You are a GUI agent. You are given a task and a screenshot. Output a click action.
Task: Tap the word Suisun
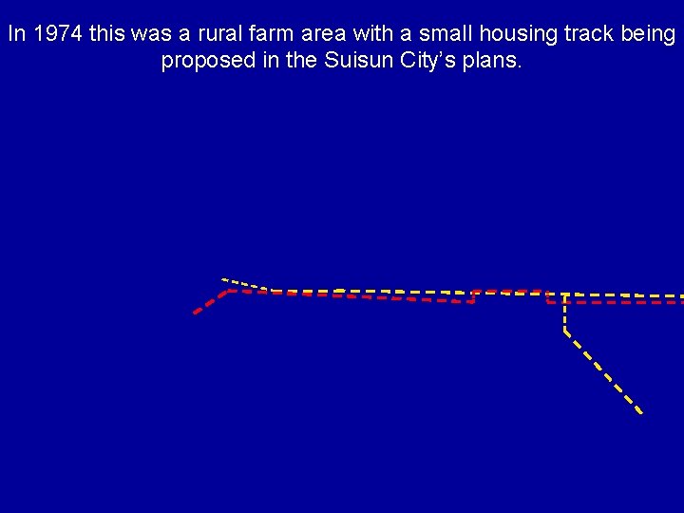tap(355, 61)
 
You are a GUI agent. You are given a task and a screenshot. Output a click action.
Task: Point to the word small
tap(446, 34)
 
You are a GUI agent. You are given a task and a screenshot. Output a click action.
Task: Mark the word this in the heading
tap(108, 34)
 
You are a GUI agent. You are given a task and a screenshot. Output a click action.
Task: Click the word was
tap(154, 34)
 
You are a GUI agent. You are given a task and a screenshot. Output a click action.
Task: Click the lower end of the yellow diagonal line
tap(641, 412)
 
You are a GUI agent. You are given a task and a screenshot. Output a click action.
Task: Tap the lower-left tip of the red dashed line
tap(195, 313)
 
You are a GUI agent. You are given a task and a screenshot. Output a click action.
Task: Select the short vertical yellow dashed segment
tap(564, 313)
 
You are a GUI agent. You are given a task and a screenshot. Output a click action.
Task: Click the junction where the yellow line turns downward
tap(564, 294)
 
